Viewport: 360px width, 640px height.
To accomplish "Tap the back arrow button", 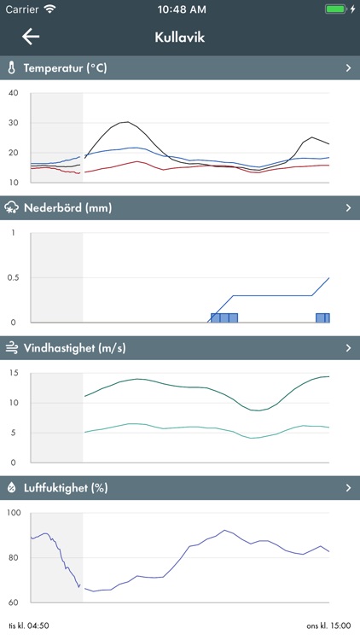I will (x=31, y=37).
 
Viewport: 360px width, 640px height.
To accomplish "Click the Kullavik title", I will (x=180, y=38).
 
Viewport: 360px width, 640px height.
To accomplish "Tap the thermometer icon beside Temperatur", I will (x=12, y=67).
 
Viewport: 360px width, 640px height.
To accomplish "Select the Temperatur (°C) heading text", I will (x=65, y=67).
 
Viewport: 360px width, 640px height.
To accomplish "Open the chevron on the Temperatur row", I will (x=348, y=67).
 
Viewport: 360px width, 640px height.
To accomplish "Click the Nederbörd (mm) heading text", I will (x=68, y=207).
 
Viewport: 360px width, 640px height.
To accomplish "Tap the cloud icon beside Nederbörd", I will (x=12, y=207).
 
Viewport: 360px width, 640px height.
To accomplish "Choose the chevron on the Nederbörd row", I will (x=348, y=207).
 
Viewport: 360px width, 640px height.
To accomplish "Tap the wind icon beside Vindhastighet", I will (x=12, y=347).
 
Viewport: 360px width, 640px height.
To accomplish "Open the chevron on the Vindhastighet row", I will (x=348, y=347).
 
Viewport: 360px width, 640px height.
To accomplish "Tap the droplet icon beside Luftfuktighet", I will (x=12, y=488).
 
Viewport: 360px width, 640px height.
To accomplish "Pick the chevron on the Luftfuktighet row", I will (x=348, y=488).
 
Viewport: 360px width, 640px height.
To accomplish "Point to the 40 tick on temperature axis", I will (x=13, y=92).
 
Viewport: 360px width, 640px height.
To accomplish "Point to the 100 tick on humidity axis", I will (x=15, y=513).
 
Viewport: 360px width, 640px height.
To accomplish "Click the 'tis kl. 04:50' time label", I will (x=28, y=625).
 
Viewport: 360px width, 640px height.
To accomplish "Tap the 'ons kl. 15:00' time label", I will (x=329, y=625).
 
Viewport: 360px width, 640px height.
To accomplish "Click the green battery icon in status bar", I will (x=336, y=9).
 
